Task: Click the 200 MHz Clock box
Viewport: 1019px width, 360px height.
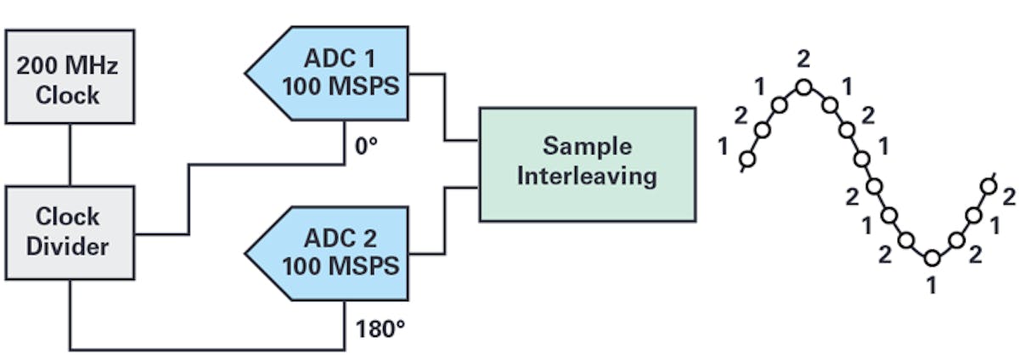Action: (68, 81)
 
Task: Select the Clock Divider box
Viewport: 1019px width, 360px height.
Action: (68, 232)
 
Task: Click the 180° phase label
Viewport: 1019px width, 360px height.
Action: (374, 328)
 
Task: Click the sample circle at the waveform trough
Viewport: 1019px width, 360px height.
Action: (932, 257)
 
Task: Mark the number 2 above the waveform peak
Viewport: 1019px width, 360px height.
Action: (803, 59)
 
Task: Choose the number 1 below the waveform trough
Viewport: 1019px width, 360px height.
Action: (932, 285)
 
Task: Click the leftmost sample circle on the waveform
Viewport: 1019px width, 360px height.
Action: (747, 158)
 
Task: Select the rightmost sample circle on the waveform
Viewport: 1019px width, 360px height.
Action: (988, 186)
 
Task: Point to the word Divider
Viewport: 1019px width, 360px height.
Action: (68, 247)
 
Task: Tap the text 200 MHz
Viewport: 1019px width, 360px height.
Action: (68, 66)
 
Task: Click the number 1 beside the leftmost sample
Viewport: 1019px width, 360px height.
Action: (723, 146)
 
